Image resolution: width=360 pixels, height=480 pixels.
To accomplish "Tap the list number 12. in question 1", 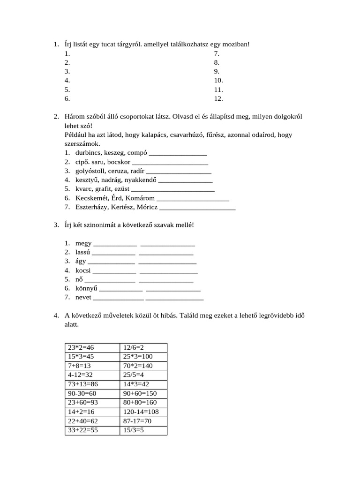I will [x=218, y=99].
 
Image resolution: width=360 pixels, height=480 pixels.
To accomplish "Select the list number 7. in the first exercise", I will [x=217, y=53].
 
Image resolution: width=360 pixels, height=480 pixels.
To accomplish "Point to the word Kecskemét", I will [x=91, y=198].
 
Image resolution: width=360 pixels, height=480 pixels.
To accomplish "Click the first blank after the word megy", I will [x=115, y=244].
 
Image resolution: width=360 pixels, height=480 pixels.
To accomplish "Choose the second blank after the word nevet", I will [x=174, y=298].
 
